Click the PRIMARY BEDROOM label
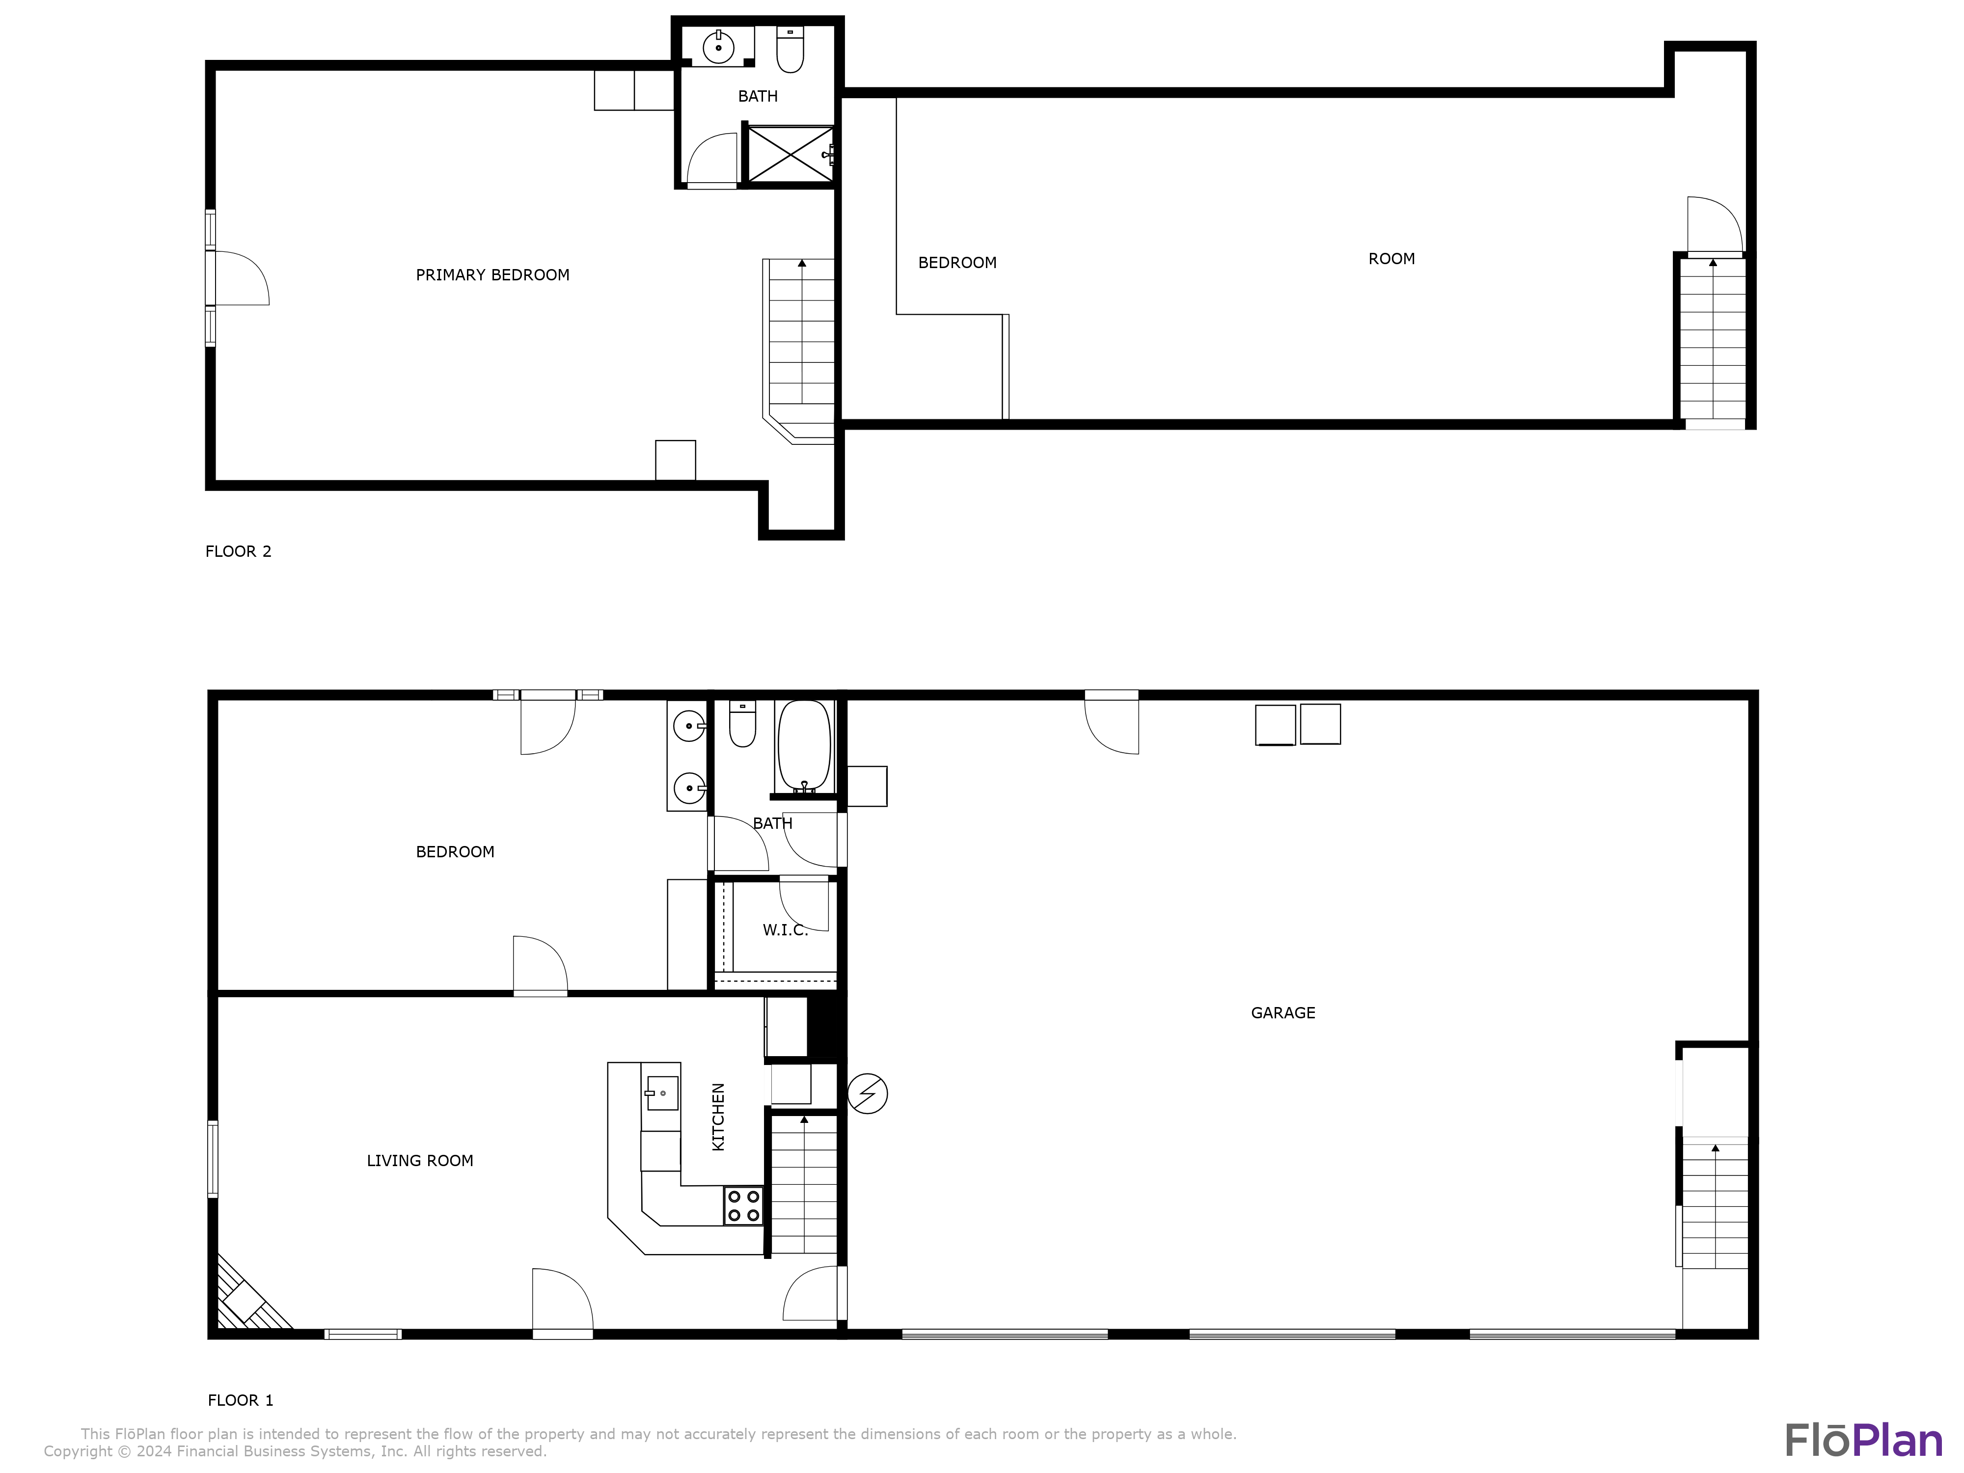(493, 275)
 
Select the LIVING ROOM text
(420, 1160)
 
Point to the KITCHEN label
(718, 1117)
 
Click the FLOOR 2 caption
(238, 551)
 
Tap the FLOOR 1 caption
(241, 1400)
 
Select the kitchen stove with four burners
(743, 1206)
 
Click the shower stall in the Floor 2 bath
(790, 155)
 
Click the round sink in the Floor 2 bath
(718, 46)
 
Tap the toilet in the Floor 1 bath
(742, 724)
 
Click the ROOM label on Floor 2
(1391, 259)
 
